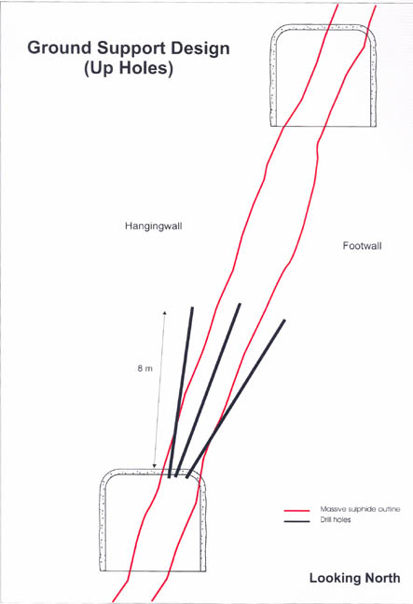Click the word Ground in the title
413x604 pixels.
point(60,48)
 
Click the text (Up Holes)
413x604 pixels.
point(129,68)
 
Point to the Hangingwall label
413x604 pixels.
point(153,226)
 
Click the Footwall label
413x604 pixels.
point(362,246)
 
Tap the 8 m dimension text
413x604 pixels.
point(145,368)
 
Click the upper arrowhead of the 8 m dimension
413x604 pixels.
point(164,312)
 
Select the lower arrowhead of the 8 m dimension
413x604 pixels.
point(155,466)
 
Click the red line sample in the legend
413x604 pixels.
point(296,511)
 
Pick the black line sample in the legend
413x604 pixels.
point(296,522)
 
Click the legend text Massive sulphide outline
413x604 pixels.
point(360,509)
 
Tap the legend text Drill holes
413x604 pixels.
point(336,519)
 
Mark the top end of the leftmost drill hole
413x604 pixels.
point(192,308)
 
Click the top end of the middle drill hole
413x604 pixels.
point(240,304)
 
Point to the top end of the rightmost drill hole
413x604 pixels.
point(284,321)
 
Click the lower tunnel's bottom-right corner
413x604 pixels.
point(204,570)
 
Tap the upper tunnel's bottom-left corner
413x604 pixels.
point(271,126)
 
